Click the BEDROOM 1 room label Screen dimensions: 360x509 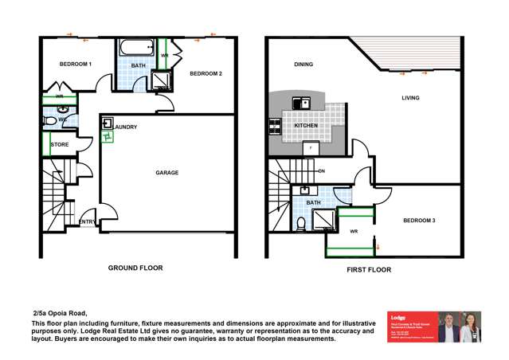(x=76, y=64)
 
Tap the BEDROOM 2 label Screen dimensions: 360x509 (x=206, y=74)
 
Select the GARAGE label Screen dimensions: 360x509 (x=166, y=172)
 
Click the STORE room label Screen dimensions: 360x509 (x=59, y=145)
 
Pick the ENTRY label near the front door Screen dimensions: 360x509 (x=87, y=221)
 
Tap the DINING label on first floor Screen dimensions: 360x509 (x=303, y=65)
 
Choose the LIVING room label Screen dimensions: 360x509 (x=410, y=98)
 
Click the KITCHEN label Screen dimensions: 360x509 (x=306, y=126)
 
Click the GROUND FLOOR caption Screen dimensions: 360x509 (x=135, y=268)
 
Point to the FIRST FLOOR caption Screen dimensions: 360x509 (x=368, y=271)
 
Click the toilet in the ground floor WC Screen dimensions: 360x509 (x=49, y=120)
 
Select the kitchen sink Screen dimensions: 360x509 (x=301, y=103)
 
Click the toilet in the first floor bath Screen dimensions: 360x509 (x=299, y=222)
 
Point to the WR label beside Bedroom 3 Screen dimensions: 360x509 (x=354, y=232)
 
